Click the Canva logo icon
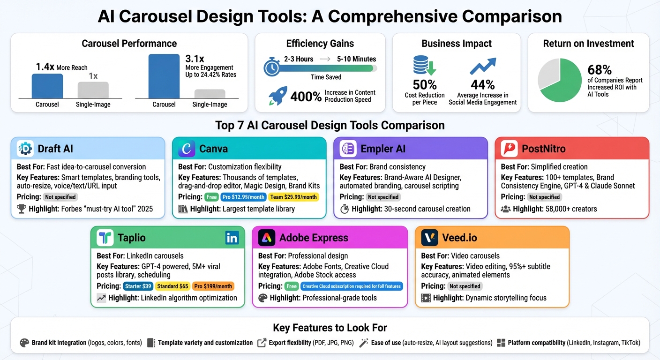point(187,149)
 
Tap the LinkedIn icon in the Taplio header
point(232,238)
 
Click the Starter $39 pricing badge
point(138,286)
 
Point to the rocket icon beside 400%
point(277,96)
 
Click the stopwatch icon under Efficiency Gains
point(272,67)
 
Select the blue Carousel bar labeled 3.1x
point(164,76)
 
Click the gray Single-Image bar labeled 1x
point(93,90)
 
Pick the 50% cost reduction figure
point(425,85)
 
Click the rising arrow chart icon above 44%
point(483,67)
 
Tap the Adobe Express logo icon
point(267,238)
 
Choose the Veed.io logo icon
point(429,238)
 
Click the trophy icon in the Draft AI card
point(21,209)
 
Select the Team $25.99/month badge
point(294,197)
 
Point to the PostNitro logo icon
point(509,149)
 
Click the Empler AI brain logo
point(348,149)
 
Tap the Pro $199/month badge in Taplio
point(213,286)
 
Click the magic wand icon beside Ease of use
point(363,343)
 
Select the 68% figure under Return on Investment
point(600,70)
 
